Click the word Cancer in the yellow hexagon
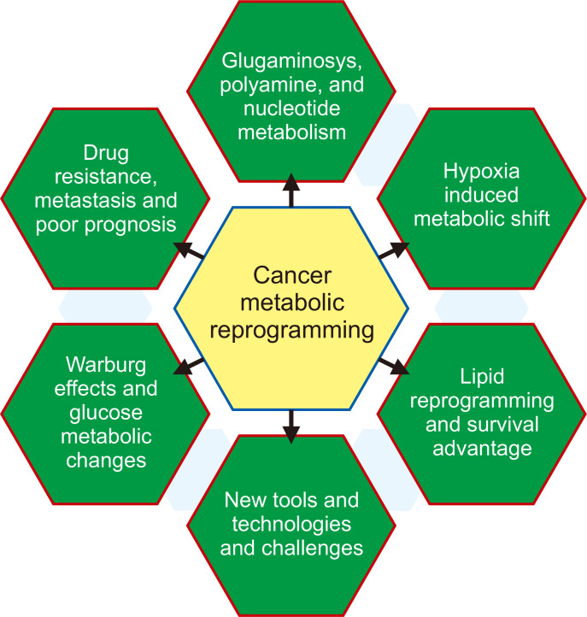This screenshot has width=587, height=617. point(292,275)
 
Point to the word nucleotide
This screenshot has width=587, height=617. point(291,109)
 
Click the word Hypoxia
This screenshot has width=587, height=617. point(481,171)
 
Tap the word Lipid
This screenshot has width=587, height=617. point(481,377)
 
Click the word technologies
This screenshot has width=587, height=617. point(291,523)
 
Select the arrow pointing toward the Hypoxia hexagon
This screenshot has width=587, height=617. point(394,250)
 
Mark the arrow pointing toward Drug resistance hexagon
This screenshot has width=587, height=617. point(190,250)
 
